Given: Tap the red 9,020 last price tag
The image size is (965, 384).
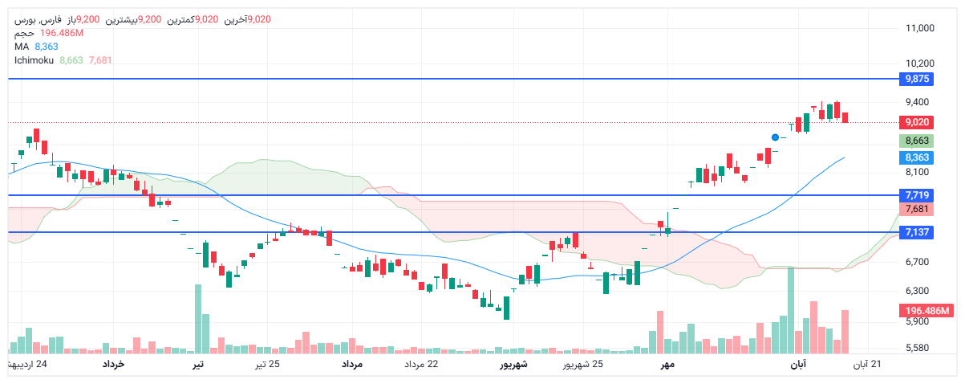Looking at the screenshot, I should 917,122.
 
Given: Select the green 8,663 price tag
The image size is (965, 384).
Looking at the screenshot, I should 917,141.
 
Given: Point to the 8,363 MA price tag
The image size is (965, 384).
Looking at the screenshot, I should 917,157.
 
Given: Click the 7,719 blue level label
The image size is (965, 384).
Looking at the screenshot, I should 917,195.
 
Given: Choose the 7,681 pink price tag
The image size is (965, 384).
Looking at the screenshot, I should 917,209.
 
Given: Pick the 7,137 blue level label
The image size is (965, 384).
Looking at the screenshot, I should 917,232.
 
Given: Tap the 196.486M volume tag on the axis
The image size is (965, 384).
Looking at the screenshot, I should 926,311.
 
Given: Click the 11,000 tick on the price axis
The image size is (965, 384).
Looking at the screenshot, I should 920,28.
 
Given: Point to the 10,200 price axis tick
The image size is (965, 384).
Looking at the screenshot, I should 920,63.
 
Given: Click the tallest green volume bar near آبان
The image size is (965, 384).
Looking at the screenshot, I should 791,309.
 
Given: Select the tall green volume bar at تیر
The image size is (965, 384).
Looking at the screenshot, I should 197,319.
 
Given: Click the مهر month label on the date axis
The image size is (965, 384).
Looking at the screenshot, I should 666,365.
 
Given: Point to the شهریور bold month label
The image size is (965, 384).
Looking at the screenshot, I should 513,365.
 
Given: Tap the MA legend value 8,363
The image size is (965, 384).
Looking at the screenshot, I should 47,47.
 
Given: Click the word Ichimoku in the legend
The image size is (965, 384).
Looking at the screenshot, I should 34,60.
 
